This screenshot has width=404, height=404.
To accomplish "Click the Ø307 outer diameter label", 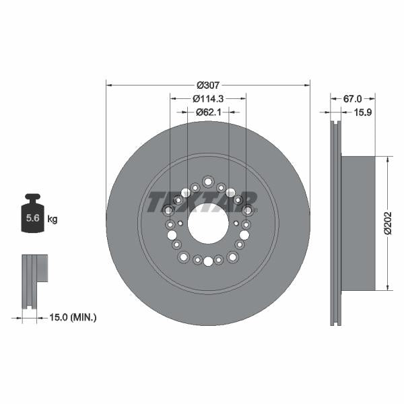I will [x=208, y=86].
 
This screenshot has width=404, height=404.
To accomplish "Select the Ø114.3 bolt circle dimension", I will [x=208, y=98].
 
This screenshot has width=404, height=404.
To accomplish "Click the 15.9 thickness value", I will [x=364, y=112].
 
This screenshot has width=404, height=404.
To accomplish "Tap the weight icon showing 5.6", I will [x=32, y=215].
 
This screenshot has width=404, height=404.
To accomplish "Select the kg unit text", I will [x=53, y=219].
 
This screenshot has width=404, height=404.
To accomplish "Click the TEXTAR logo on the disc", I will [x=202, y=200].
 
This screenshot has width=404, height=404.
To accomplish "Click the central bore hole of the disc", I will [x=208, y=224].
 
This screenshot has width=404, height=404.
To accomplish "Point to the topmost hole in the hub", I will [x=207, y=181].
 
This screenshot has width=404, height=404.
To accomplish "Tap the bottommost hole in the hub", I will [x=208, y=261].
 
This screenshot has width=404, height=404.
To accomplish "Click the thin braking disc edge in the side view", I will [x=335, y=224].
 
